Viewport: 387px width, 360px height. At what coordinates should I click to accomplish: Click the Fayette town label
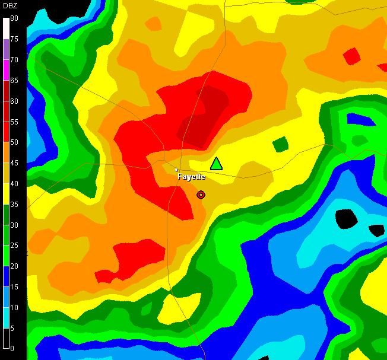tap(191, 177)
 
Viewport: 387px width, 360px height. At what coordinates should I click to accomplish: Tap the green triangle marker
tap(217, 164)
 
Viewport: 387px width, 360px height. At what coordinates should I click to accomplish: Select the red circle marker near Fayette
tap(201, 195)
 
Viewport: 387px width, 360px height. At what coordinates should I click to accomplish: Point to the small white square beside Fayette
tap(176, 170)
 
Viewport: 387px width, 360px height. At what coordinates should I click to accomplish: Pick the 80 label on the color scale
tap(14, 18)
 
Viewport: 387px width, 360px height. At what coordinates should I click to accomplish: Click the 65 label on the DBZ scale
tap(14, 80)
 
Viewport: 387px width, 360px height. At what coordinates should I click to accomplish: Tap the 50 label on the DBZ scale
tap(14, 142)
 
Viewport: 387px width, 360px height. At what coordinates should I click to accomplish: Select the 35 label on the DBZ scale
tap(14, 204)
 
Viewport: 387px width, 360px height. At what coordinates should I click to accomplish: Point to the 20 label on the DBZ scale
tap(14, 266)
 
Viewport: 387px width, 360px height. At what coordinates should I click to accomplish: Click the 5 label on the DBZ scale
tap(12, 327)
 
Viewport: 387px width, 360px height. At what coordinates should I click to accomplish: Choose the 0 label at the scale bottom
tap(12, 348)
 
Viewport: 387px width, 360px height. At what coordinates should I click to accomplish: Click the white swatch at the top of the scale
tap(6, 28)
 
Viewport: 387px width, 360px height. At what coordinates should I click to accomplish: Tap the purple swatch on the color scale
tap(6, 49)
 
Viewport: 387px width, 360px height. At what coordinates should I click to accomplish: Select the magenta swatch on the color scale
tap(6, 69)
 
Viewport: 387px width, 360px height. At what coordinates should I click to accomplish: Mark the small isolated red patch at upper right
tap(352, 56)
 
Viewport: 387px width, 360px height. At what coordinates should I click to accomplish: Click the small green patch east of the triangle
tap(280, 144)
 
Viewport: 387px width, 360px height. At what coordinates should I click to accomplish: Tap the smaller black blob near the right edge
tap(376, 230)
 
